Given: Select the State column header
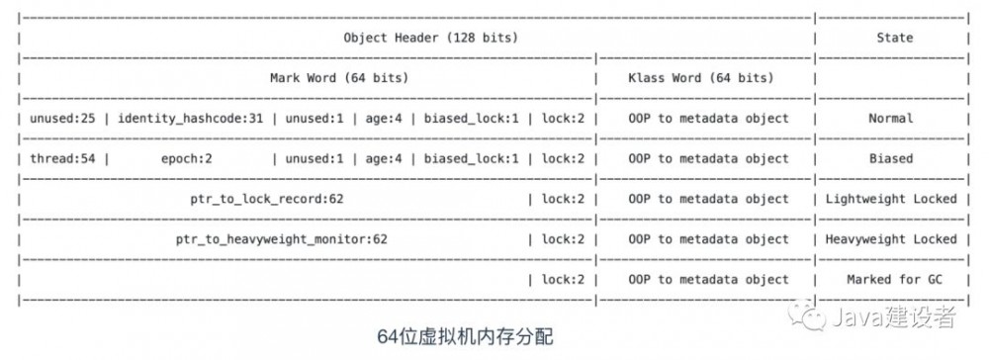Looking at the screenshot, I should (x=893, y=38).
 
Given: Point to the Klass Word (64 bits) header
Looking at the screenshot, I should (x=700, y=77).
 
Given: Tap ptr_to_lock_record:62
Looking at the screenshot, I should (x=267, y=199).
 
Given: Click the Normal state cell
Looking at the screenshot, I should (x=890, y=118).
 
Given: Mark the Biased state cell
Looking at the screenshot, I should (x=890, y=158).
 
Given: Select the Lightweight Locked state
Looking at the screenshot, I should (x=891, y=199).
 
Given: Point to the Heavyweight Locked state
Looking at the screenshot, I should (x=891, y=239).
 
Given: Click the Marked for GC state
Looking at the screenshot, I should (x=891, y=280).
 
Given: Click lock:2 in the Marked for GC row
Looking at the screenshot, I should (x=563, y=280).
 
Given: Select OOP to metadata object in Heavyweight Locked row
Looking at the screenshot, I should (x=708, y=239).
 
